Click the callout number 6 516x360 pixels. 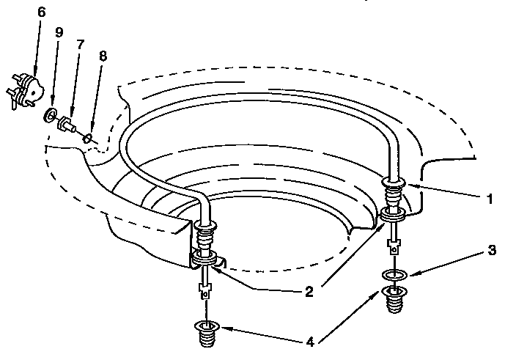[41, 12]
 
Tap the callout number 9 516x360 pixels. [59, 32]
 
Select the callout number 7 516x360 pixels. [81, 45]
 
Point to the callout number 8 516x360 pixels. [103, 56]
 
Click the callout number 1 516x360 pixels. [490, 199]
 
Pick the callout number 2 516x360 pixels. [309, 292]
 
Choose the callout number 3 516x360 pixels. [492, 250]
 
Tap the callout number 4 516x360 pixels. [310, 342]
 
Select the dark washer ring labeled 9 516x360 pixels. [49, 114]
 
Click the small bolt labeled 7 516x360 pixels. [67, 124]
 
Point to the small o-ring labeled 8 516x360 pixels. [87, 139]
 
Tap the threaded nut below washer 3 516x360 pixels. [394, 299]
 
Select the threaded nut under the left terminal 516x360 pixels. [207, 334]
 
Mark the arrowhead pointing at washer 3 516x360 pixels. [413, 273]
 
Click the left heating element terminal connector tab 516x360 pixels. [204, 291]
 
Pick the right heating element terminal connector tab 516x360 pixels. [394, 246]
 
